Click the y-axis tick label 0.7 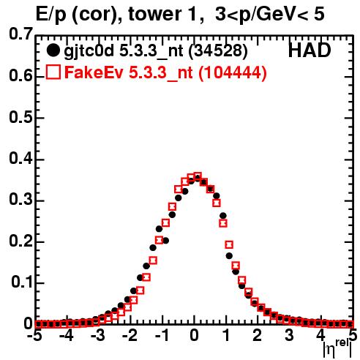pyautogui.click(x=20, y=34)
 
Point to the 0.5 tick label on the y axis pyautogui.click(x=20, y=117)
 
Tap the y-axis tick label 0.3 pyautogui.click(x=20, y=200)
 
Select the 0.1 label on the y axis pyautogui.click(x=21, y=282)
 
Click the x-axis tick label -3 pyautogui.click(x=98, y=336)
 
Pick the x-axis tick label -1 pyautogui.click(x=162, y=336)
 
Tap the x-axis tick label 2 pyautogui.click(x=257, y=336)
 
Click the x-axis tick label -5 pyautogui.click(x=34, y=336)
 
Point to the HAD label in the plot pyautogui.click(x=310, y=50)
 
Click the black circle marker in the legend pyautogui.click(x=53, y=50)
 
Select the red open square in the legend pyautogui.click(x=53, y=72)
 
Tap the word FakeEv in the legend pyautogui.click(x=94, y=72)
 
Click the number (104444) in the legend pyautogui.click(x=233, y=72)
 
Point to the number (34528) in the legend pyautogui.click(x=218, y=51)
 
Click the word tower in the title pyautogui.click(x=152, y=14)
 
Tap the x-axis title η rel pyautogui.click(x=337, y=348)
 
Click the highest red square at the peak pyautogui.click(x=198, y=176)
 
